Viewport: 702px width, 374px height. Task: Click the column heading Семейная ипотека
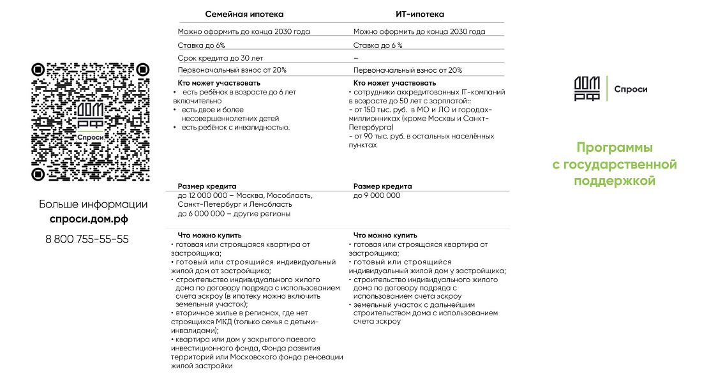pyautogui.click(x=244, y=14)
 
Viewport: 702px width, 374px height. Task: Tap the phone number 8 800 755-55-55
pyautogui.click(x=87, y=239)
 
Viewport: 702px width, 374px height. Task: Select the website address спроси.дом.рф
pyautogui.click(x=89, y=219)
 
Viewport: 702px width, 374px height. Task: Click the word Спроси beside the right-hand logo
pyautogui.click(x=631, y=89)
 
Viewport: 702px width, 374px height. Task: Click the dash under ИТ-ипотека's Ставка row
pyautogui.click(x=355, y=58)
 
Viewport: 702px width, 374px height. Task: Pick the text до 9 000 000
pyautogui.click(x=377, y=195)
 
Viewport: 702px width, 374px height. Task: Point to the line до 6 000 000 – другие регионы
pyautogui.click(x=234, y=214)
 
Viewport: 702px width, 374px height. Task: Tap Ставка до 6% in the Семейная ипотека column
pyautogui.click(x=201, y=45)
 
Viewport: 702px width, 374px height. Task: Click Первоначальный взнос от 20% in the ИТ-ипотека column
pyautogui.click(x=407, y=70)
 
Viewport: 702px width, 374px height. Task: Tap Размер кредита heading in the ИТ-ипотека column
pyautogui.click(x=382, y=186)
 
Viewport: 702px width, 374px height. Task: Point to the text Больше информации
pyautogui.click(x=93, y=204)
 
